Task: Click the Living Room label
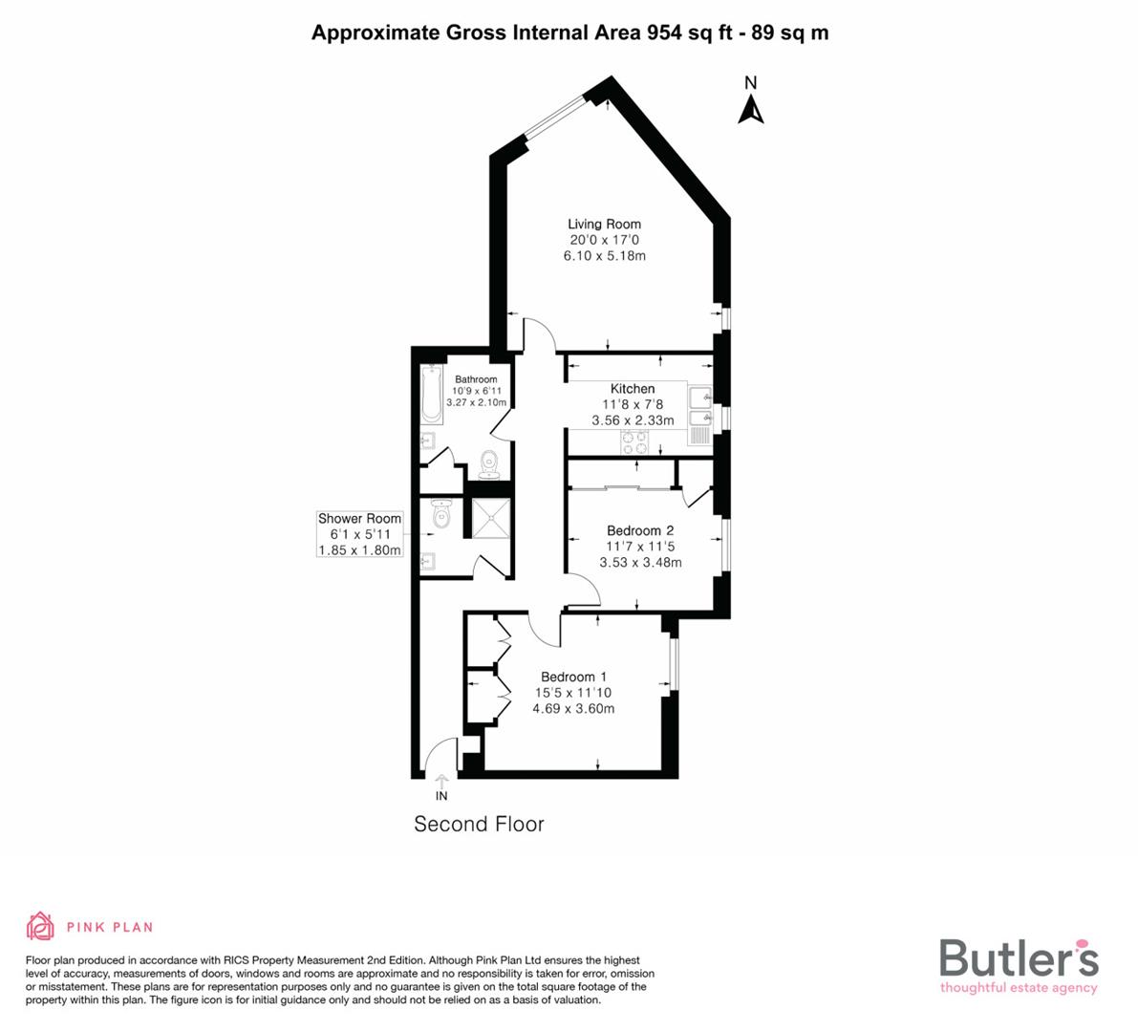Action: click(x=604, y=225)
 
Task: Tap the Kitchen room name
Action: click(x=633, y=389)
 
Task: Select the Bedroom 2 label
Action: click(x=640, y=530)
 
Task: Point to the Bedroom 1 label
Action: click(x=573, y=677)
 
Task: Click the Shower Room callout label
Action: click(x=359, y=519)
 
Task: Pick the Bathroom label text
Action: click(x=476, y=379)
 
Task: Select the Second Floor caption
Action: click(x=479, y=824)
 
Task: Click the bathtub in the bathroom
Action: click(x=431, y=395)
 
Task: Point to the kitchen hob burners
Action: click(x=634, y=441)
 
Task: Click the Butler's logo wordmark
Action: click(x=1019, y=957)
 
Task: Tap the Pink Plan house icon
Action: click(x=40, y=926)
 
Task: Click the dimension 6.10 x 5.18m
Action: click(x=604, y=256)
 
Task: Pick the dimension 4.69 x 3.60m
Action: click(x=573, y=708)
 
